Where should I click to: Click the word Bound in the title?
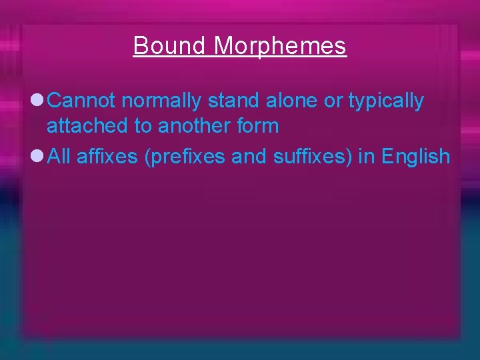[x=171, y=46]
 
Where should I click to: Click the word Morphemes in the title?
[x=281, y=46]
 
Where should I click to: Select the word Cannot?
[x=83, y=101]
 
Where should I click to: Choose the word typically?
[x=386, y=101]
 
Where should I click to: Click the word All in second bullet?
[x=59, y=157]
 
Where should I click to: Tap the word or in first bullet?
[x=334, y=101]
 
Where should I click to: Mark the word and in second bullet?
[x=250, y=157]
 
